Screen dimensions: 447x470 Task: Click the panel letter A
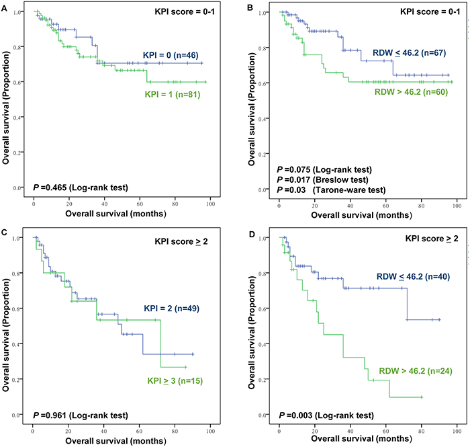pos(4,5)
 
